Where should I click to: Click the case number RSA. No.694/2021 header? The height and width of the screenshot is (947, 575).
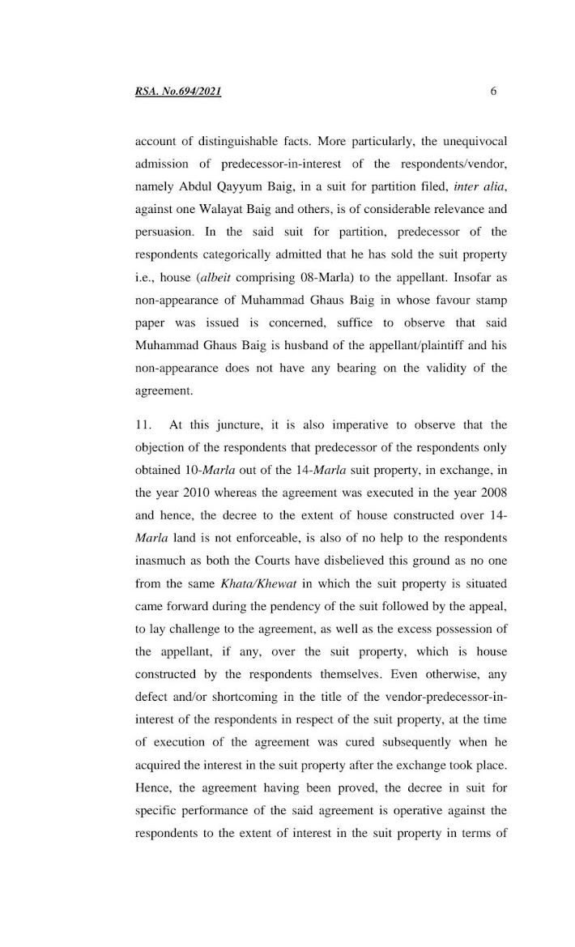(178, 92)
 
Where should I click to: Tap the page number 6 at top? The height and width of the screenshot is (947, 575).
(493, 91)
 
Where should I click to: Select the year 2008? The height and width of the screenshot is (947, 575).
(491, 493)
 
